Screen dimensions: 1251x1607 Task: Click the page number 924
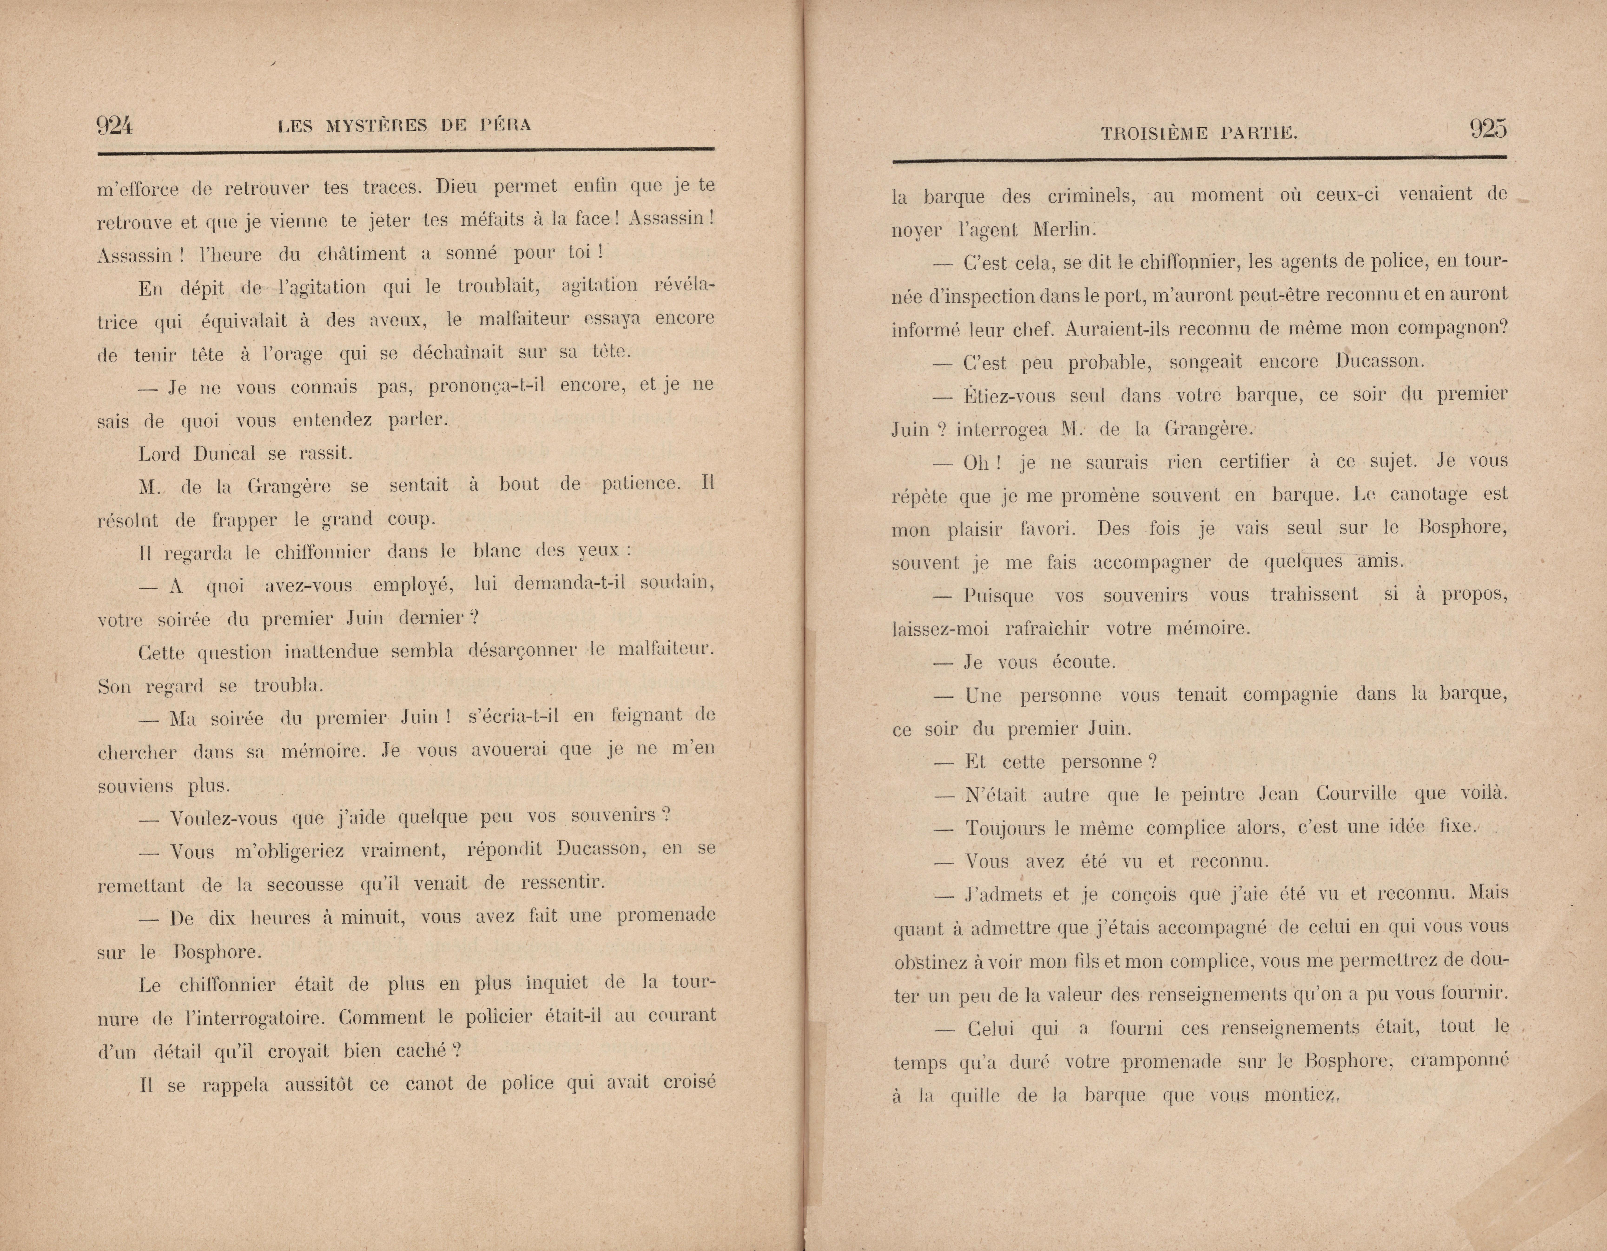tap(115, 126)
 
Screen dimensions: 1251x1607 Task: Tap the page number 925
tap(1488, 129)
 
